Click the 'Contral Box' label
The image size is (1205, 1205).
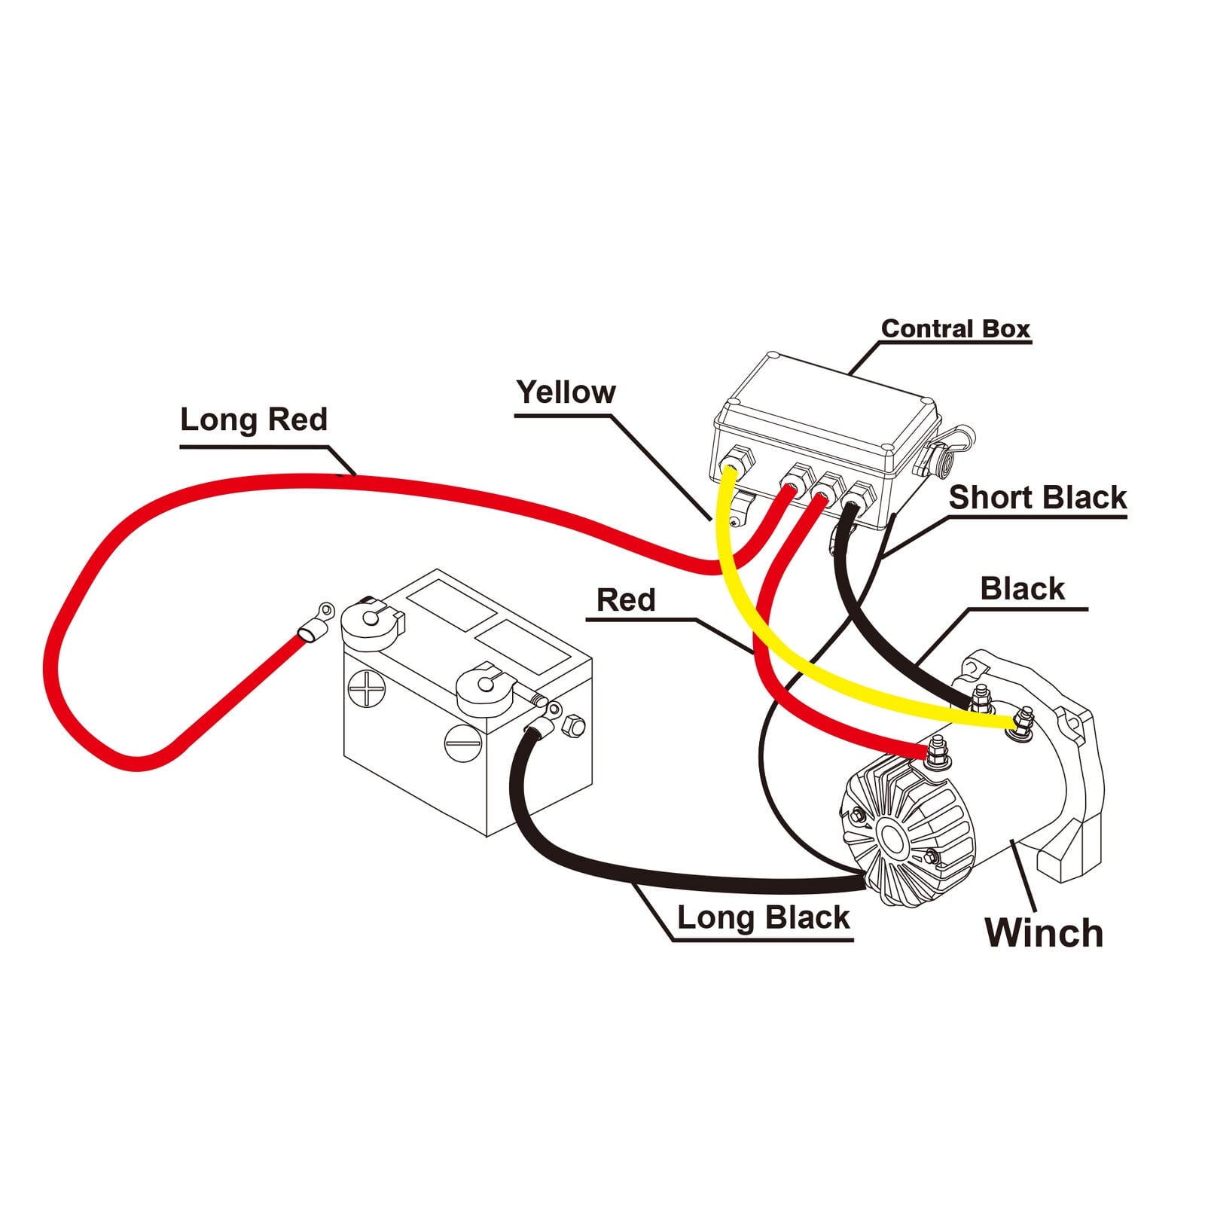click(x=955, y=329)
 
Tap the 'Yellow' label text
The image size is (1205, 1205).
click(x=566, y=392)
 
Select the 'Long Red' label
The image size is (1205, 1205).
click(x=254, y=419)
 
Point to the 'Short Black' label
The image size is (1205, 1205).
click(x=1037, y=498)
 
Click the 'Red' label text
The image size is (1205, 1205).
click(x=626, y=600)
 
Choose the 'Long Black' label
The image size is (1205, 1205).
click(x=763, y=918)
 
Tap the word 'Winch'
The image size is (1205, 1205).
click(x=1044, y=932)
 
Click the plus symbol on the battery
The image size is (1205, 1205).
click(x=367, y=688)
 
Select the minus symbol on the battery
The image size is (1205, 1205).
click(x=462, y=743)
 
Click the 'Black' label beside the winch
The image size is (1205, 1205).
click(x=1022, y=589)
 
